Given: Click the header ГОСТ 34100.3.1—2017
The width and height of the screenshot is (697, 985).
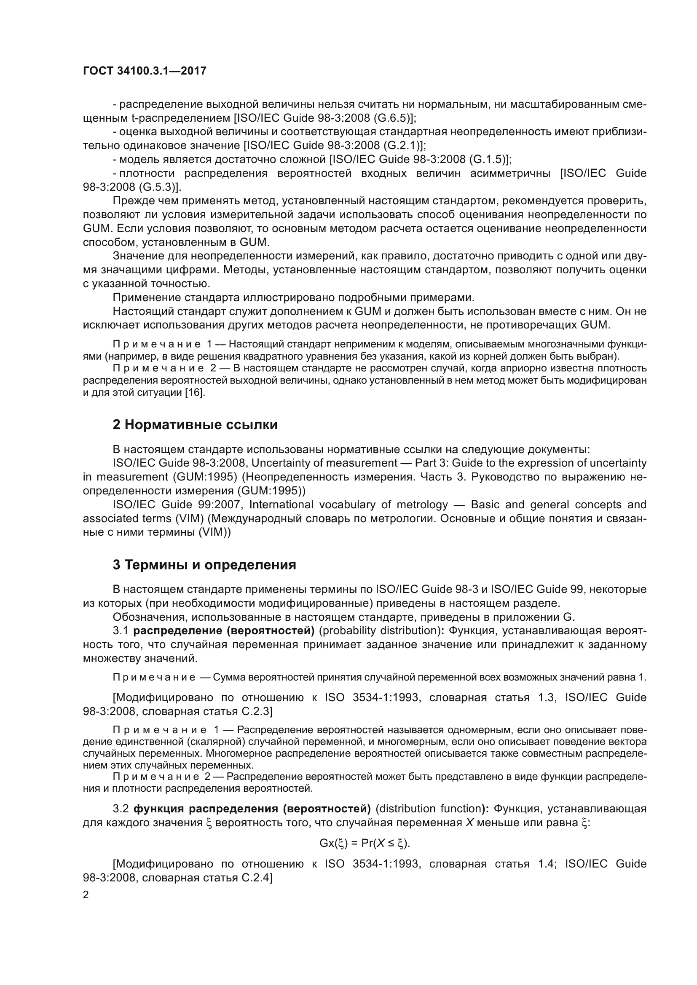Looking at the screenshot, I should (144, 71).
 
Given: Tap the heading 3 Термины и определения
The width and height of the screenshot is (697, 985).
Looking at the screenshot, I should (204, 565).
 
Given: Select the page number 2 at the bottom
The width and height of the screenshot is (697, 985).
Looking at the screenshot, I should (86, 895).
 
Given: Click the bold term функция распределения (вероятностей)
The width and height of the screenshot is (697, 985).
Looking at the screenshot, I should (252, 809).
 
